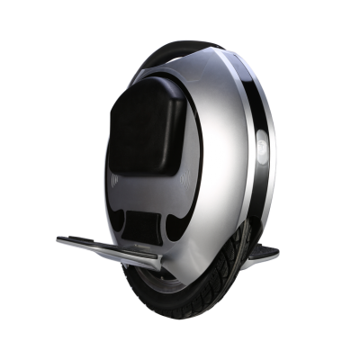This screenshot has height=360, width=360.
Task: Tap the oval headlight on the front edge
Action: pyautogui.click(x=261, y=147)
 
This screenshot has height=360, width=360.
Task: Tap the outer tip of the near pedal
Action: pyautogui.click(x=60, y=240)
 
